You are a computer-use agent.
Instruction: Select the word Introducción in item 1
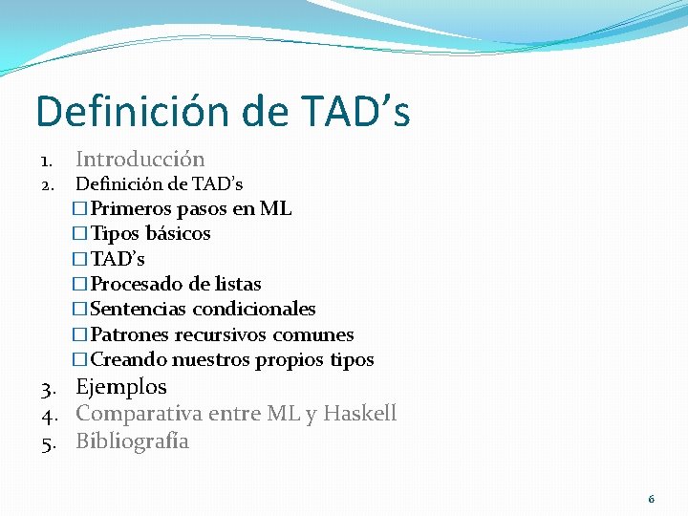(x=140, y=159)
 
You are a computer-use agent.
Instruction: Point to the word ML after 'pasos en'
(x=275, y=208)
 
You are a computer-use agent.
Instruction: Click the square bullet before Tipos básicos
(x=79, y=234)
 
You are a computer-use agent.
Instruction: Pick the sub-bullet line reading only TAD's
(x=118, y=259)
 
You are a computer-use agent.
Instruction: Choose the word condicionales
(x=254, y=309)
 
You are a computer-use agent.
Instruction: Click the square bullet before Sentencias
(x=79, y=310)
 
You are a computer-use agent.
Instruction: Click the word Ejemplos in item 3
(x=120, y=387)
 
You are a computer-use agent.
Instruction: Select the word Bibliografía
(x=132, y=441)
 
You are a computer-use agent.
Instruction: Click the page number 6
(x=651, y=499)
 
